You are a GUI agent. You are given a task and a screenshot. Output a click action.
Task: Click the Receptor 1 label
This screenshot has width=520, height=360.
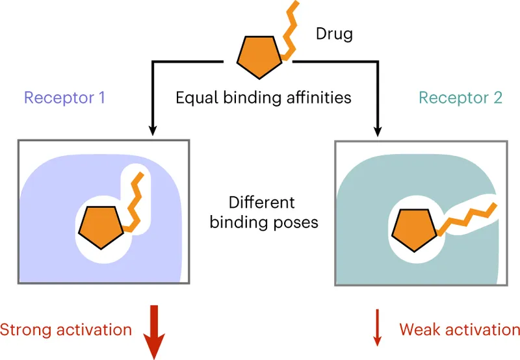pyautogui.click(x=64, y=98)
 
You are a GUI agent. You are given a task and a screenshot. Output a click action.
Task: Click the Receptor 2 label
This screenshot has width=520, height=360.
pyautogui.click(x=461, y=98)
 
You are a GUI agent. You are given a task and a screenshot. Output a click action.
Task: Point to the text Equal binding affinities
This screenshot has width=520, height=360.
pyautogui.click(x=263, y=98)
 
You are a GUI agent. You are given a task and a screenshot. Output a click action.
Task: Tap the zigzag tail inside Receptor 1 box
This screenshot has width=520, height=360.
pyautogui.click(x=137, y=201)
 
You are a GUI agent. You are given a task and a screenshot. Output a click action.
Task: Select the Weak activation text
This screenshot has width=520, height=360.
pyautogui.click(x=460, y=329)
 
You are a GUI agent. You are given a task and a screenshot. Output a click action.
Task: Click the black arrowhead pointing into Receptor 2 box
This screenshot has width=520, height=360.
pyautogui.click(x=378, y=132)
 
